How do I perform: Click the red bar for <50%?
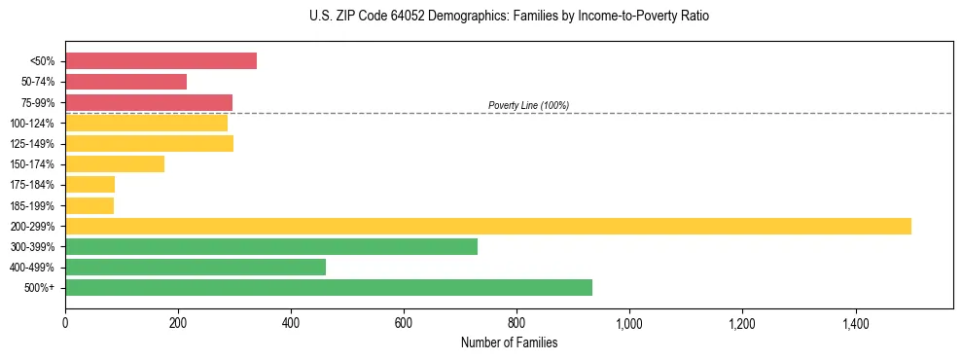point(160,61)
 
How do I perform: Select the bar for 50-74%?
point(125,82)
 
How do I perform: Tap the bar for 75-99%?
point(149,102)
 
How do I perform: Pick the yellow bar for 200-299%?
point(487,226)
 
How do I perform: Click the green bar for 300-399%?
point(271,246)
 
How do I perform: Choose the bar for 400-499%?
point(196,267)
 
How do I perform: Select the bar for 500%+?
point(329,287)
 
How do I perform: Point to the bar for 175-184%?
point(89,185)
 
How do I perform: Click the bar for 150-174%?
point(115,164)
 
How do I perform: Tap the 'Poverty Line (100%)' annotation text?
point(528,105)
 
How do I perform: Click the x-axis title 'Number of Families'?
point(509,342)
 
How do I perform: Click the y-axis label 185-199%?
point(32,205)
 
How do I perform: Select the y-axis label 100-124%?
point(32,124)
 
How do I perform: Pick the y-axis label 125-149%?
point(32,144)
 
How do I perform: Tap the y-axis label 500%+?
point(40,288)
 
